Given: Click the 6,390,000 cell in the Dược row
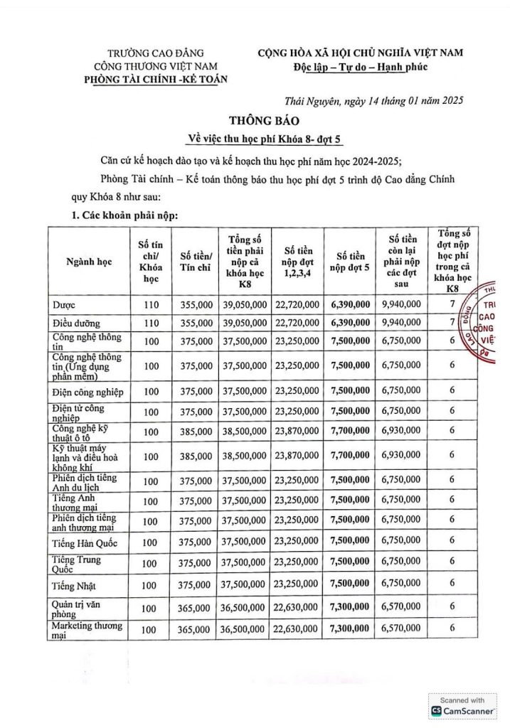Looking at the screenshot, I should pos(350,304).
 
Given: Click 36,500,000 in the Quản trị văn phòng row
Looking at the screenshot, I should pos(245,608).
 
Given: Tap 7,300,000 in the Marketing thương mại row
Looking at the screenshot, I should pos(350,628).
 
